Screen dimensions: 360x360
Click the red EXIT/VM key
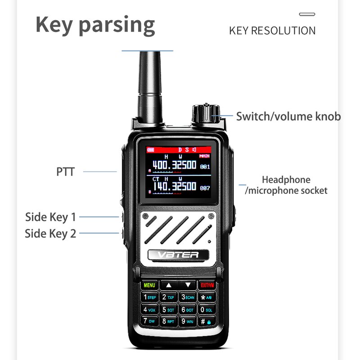207,285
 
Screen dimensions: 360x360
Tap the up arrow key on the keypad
169,285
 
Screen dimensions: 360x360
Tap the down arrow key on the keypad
188,285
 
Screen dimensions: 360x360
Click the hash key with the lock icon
207,322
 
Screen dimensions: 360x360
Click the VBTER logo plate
179,255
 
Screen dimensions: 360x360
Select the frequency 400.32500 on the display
174,165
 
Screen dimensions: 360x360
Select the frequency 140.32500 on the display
174,186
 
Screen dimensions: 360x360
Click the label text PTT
65,171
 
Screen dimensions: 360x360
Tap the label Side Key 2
50,233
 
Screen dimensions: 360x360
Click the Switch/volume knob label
288,117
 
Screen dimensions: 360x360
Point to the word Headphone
286,180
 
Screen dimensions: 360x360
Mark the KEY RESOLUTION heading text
272,31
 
